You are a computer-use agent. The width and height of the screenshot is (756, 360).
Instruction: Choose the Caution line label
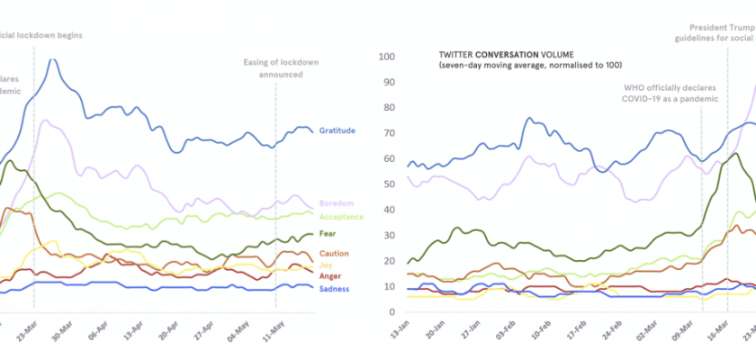click(333, 254)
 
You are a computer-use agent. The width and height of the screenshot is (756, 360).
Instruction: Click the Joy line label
click(326, 265)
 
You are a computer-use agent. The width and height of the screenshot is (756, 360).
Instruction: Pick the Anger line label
click(330, 275)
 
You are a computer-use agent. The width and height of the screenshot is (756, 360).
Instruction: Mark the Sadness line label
click(334, 288)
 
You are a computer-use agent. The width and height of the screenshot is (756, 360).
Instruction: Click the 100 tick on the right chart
click(387, 57)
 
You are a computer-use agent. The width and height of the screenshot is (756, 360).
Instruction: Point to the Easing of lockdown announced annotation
click(274, 68)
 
